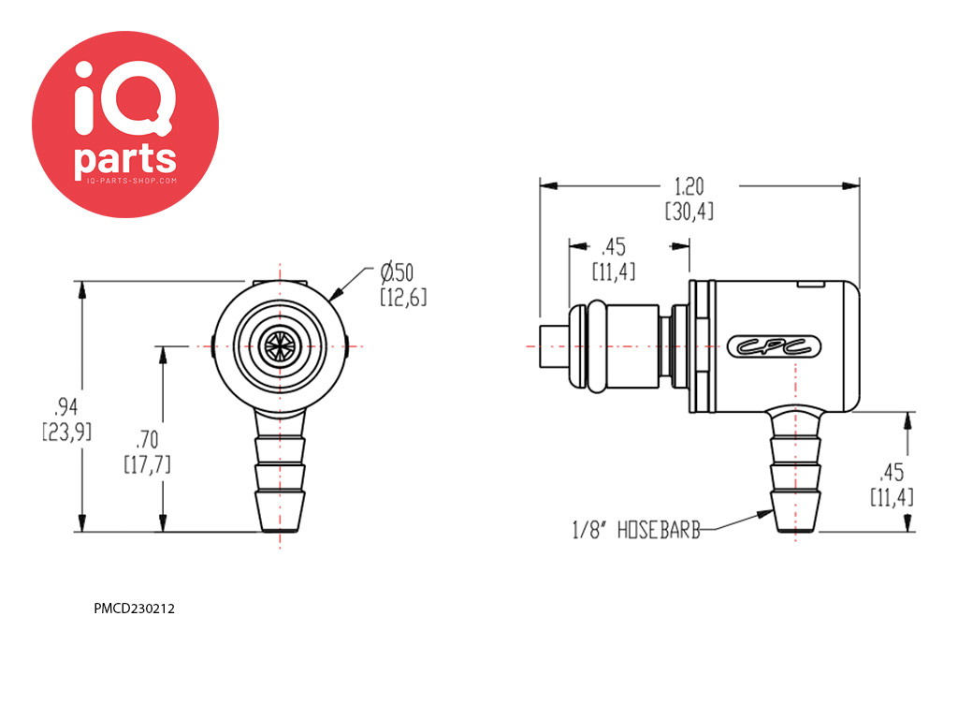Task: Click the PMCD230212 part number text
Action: [134, 609]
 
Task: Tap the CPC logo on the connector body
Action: [774, 346]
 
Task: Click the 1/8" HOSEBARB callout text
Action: [636, 530]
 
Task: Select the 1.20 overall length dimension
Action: [689, 186]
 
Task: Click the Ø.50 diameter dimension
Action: [397, 272]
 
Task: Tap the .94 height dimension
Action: [66, 406]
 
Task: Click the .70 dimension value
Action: [147, 440]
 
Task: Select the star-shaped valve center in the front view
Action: [280, 346]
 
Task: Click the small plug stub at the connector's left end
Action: [554, 346]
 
